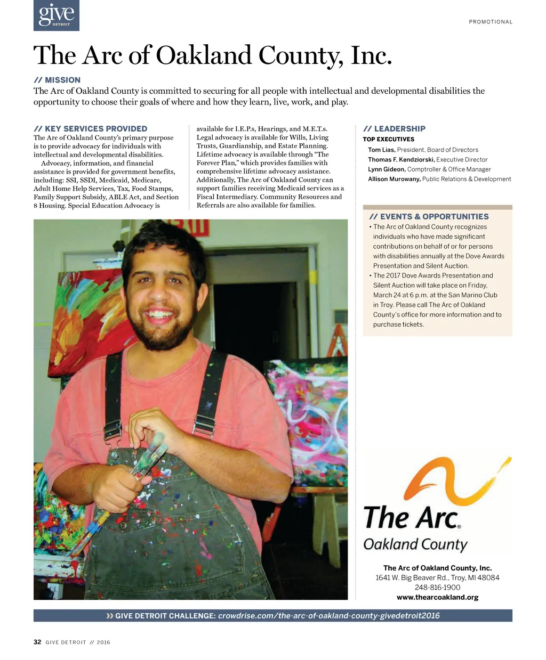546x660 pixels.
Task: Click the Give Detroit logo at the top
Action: [56, 15]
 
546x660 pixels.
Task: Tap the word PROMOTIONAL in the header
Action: [491, 22]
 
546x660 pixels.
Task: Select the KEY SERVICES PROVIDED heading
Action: [90, 129]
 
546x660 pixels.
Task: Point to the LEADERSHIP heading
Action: [394, 129]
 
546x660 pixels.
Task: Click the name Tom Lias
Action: [381, 150]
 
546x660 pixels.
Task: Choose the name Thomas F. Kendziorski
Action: [401, 160]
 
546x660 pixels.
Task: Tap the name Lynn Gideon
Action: [387, 169]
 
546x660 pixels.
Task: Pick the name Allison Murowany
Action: [394, 179]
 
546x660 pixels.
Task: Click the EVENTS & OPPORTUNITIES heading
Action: [429, 217]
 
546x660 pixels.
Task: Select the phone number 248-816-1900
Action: [437, 588]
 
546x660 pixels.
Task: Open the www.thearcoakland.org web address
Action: [437, 597]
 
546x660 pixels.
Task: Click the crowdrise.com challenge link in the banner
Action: [329, 616]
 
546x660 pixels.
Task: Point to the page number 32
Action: [37, 642]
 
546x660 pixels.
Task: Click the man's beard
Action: [155, 330]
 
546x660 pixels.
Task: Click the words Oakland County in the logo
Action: [415, 544]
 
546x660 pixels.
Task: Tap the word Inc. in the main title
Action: [371, 55]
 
